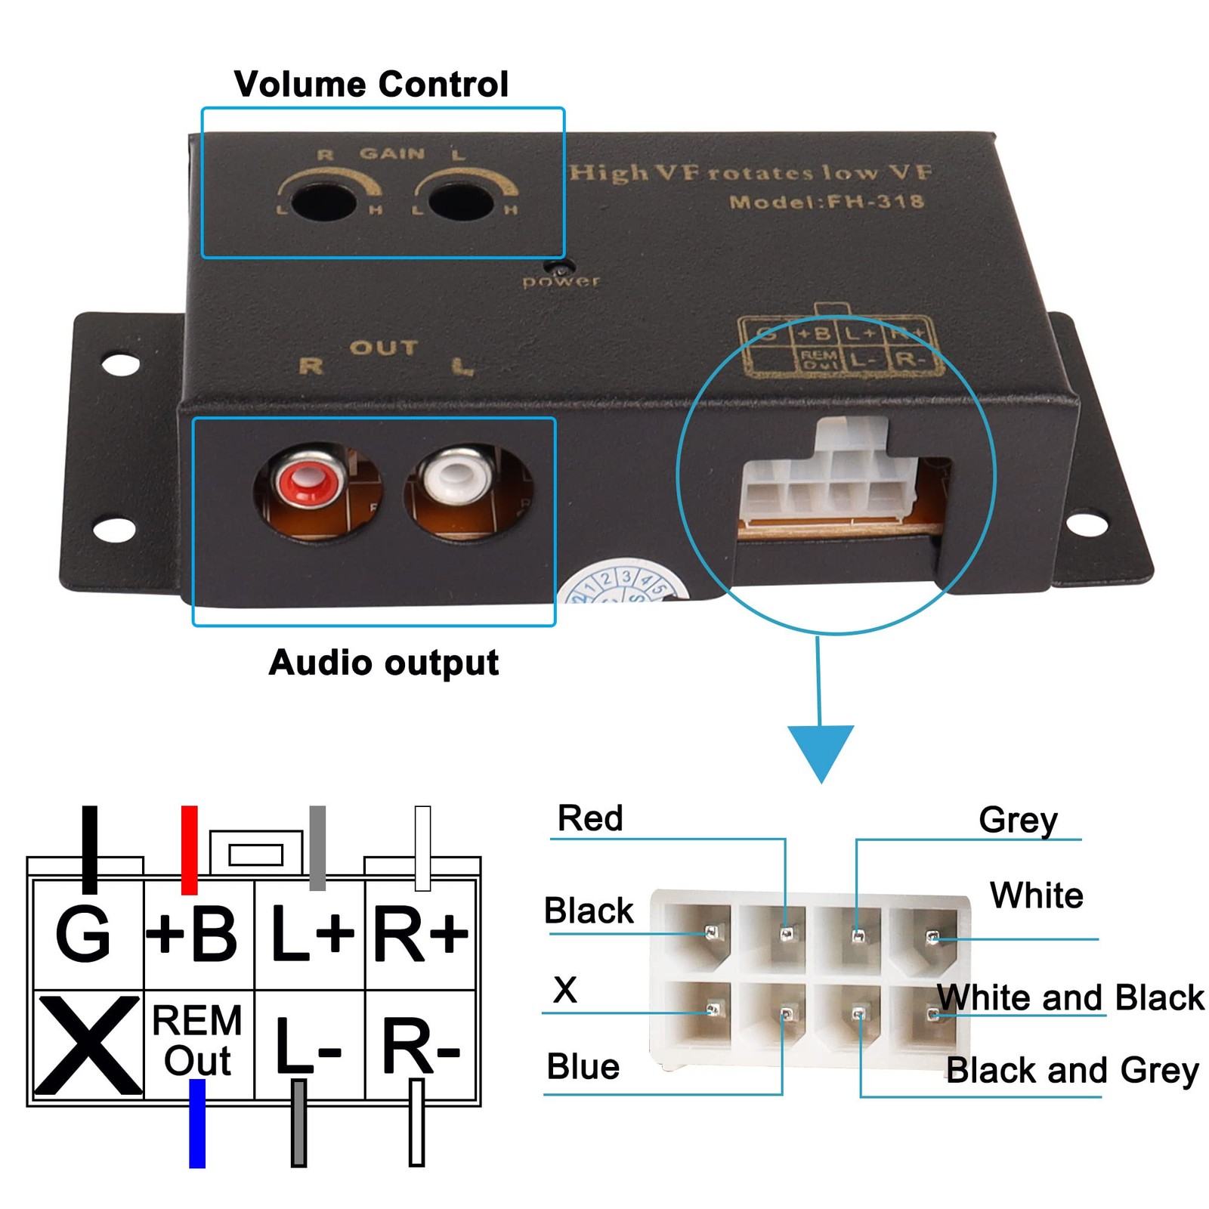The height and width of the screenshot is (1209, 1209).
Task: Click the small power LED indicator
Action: (x=560, y=268)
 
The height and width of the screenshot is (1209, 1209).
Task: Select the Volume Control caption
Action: (x=371, y=84)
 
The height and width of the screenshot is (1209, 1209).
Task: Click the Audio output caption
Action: (x=384, y=663)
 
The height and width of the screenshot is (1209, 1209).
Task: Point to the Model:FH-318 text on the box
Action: (x=826, y=202)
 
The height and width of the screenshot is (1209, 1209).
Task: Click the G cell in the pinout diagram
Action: (x=85, y=935)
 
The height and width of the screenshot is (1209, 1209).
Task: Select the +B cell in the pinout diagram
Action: (x=197, y=935)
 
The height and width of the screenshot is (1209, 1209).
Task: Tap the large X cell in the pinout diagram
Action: (x=87, y=1045)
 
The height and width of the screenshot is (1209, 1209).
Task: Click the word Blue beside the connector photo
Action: (x=583, y=1067)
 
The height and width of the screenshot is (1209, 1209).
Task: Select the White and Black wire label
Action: (x=1071, y=997)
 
